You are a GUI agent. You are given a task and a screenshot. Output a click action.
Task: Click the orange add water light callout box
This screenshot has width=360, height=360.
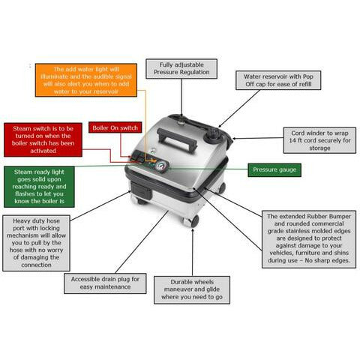86,80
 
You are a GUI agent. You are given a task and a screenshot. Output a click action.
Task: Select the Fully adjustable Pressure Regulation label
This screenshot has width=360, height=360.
181,69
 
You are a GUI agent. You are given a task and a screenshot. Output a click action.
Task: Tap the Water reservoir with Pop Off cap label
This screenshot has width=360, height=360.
278,80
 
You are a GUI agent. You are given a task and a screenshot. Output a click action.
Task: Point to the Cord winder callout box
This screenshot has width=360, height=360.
319,140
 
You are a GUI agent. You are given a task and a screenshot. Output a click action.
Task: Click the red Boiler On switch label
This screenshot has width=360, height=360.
115,127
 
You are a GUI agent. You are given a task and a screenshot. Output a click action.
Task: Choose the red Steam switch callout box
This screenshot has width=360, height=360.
43,139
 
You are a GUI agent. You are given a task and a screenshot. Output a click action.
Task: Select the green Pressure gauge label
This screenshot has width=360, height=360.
274,170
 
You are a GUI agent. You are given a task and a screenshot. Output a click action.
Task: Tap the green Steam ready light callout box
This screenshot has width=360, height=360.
39,187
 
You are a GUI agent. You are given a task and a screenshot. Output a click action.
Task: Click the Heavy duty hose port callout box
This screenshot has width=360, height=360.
36,243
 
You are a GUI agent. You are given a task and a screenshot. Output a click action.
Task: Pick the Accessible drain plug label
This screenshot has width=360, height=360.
105,283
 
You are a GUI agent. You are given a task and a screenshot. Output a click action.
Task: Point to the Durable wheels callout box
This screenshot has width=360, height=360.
192,290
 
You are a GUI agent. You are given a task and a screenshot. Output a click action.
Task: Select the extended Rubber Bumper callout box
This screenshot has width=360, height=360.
309,239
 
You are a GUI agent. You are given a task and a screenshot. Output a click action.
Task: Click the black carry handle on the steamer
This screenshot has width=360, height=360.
177,138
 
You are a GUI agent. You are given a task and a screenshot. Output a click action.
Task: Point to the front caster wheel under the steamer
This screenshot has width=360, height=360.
191,221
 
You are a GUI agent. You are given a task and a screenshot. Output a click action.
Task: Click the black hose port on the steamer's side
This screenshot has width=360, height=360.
140,190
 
